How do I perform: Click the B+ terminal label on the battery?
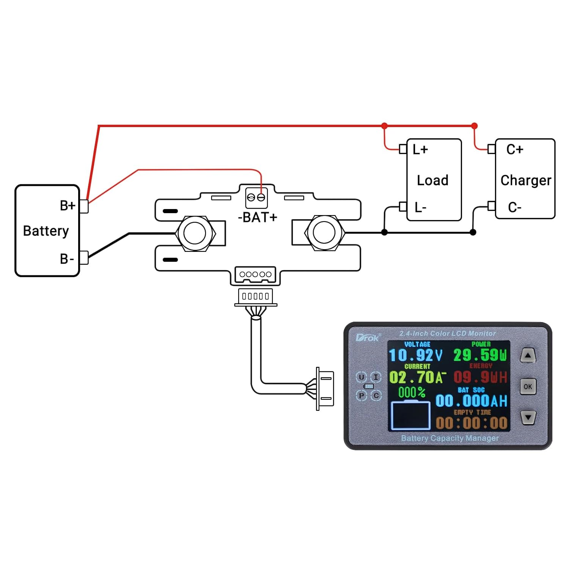(x=68, y=206)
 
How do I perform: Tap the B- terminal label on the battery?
(x=67, y=259)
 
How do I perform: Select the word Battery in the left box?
(x=46, y=231)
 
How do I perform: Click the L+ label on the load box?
(x=420, y=149)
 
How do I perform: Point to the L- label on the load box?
(x=420, y=207)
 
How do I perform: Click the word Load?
(x=432, y=180)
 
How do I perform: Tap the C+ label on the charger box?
(x=515, y=149)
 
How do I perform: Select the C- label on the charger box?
(x=515, y=207)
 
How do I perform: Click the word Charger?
(x=526, y=181)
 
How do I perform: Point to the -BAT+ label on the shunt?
(x=258, y=217)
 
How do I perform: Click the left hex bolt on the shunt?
(x=195, y=233)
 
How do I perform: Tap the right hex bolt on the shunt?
(x=324, y=233)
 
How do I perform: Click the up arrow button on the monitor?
(x=528, y=356)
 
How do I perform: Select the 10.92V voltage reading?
(x=416, y=355)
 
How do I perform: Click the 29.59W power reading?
(x=480, y=355)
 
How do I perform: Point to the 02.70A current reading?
(x=416, y=377)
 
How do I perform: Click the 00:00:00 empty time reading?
(x=472, y=423)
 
